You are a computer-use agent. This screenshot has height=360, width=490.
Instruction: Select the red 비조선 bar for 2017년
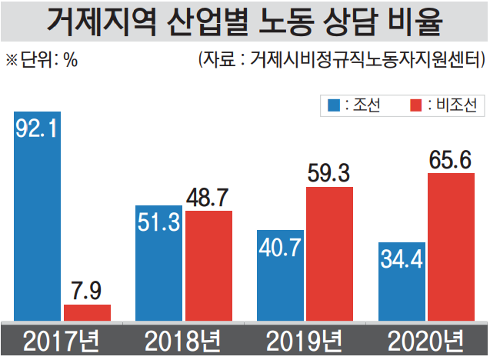87,312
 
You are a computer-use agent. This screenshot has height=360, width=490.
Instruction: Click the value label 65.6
451,160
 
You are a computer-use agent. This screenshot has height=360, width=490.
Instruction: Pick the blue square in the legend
334,104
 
